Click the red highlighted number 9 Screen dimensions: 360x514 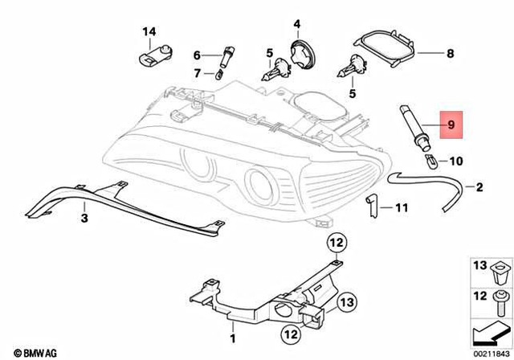pos(451,125)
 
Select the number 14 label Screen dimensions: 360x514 pos(149,32)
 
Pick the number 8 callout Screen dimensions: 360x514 pos(450,55)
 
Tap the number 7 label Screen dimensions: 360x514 pos(197,74)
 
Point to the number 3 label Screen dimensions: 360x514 pos(84,217)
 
